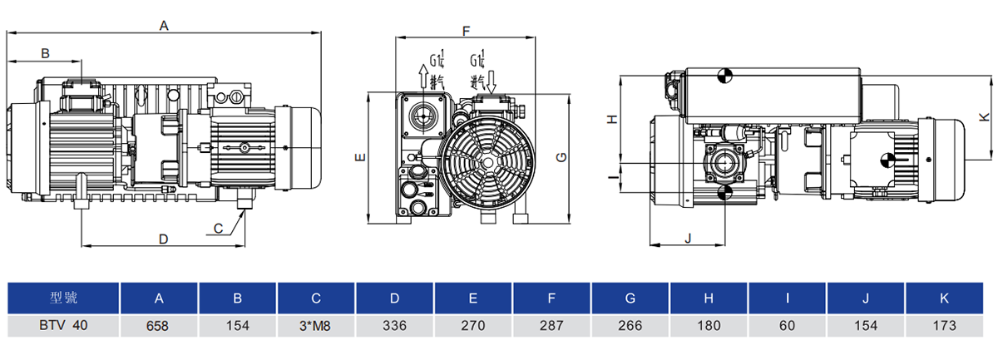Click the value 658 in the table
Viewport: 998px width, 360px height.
(158, 326)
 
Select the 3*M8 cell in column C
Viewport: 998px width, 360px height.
(315, 326)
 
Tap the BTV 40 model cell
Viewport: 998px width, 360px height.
(63, 326)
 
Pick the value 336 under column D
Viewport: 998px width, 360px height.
(394, 326)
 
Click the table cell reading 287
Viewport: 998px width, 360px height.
(551, 326)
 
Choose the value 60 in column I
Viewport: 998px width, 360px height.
(788, 326)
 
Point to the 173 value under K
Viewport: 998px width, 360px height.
(945, 326)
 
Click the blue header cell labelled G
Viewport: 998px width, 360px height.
(630, 298)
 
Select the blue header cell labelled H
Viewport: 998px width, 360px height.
(709, 298)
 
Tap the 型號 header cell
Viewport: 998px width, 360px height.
(63, 298)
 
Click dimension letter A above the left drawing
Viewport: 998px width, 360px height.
(164, 26)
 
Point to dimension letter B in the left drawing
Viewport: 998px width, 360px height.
(45, 53)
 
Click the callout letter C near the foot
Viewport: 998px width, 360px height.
(218, 229)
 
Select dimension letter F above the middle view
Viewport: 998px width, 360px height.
(466, 32)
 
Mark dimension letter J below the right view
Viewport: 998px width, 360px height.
(688, 238)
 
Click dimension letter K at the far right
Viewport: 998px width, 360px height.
(984, 117)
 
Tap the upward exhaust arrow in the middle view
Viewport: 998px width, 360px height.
(422, 76)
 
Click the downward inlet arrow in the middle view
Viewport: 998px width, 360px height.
(491, 82)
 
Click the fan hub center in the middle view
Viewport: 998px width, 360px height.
(488, 163)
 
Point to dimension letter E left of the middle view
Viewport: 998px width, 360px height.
(360, 157)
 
